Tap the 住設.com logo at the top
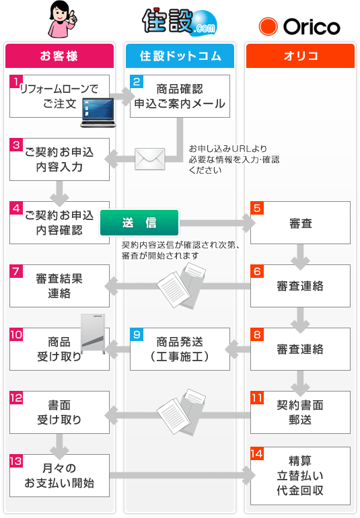coord(179,22)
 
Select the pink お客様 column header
coord(59,56)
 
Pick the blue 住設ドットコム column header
coord(180,56)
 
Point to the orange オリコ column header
coord(300,56)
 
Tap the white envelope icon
coord(149,159)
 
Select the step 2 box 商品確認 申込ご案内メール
coord(180,96)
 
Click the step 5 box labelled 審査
coord(300,223)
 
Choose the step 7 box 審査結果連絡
coord(59,286)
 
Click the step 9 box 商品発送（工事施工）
coord(180,349)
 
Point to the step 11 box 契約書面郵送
coord(300,412)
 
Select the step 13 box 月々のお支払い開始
coord(59,476)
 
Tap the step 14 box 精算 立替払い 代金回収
coord(300,476)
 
